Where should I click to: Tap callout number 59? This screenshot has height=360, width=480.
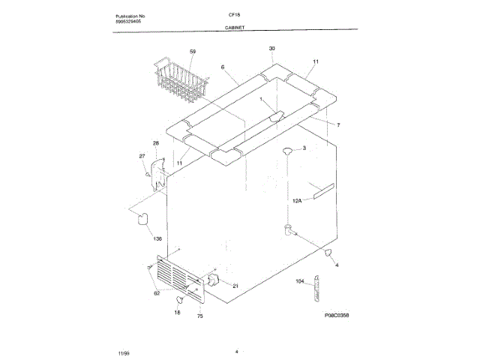tap(193, 51)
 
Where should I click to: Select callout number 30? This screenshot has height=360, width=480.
tap(271, 48)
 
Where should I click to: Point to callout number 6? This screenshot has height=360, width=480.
tap(223, 67)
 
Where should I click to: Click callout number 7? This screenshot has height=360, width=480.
tap(338, 124)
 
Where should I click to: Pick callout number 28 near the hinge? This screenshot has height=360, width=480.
tap(156, 142)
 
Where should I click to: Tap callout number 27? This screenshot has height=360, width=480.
tap(141, 156)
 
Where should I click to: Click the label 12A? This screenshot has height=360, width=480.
tap(296, 201)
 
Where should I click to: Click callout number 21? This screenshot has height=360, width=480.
tap(235, 286)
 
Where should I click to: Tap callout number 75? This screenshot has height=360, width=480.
tap(200, 316)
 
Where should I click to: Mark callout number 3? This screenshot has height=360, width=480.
tap(304, 148)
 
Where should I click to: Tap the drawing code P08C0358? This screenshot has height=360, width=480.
tap(331, 316)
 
